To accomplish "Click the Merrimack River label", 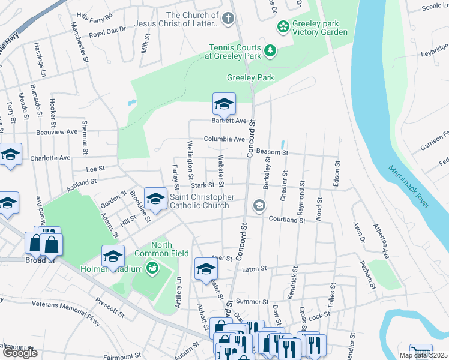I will click(408, 187).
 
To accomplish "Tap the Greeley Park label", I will click(250, 77).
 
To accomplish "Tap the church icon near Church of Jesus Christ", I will click(227, 18).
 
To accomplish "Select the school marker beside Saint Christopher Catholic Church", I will click(156, 199).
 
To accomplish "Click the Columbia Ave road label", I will click(224, 139).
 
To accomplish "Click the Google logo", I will click(20, 353).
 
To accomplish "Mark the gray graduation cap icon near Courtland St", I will click(259, 206).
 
